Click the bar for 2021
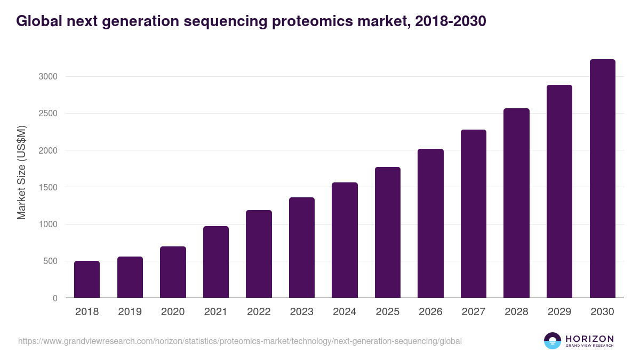pos(216,262)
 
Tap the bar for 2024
pos(345,240)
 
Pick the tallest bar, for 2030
pos(602,179)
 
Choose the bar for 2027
pos(474,213)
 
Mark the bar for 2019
pos(130,277)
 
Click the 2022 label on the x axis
pos(259,312)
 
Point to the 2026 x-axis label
pos(430,312)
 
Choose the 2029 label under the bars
pos(559,312)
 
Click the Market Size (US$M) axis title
pos(21,172)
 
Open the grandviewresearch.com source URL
pos(240,341)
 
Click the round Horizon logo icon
pos(553,341)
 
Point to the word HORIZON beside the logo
pos(589,339)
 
